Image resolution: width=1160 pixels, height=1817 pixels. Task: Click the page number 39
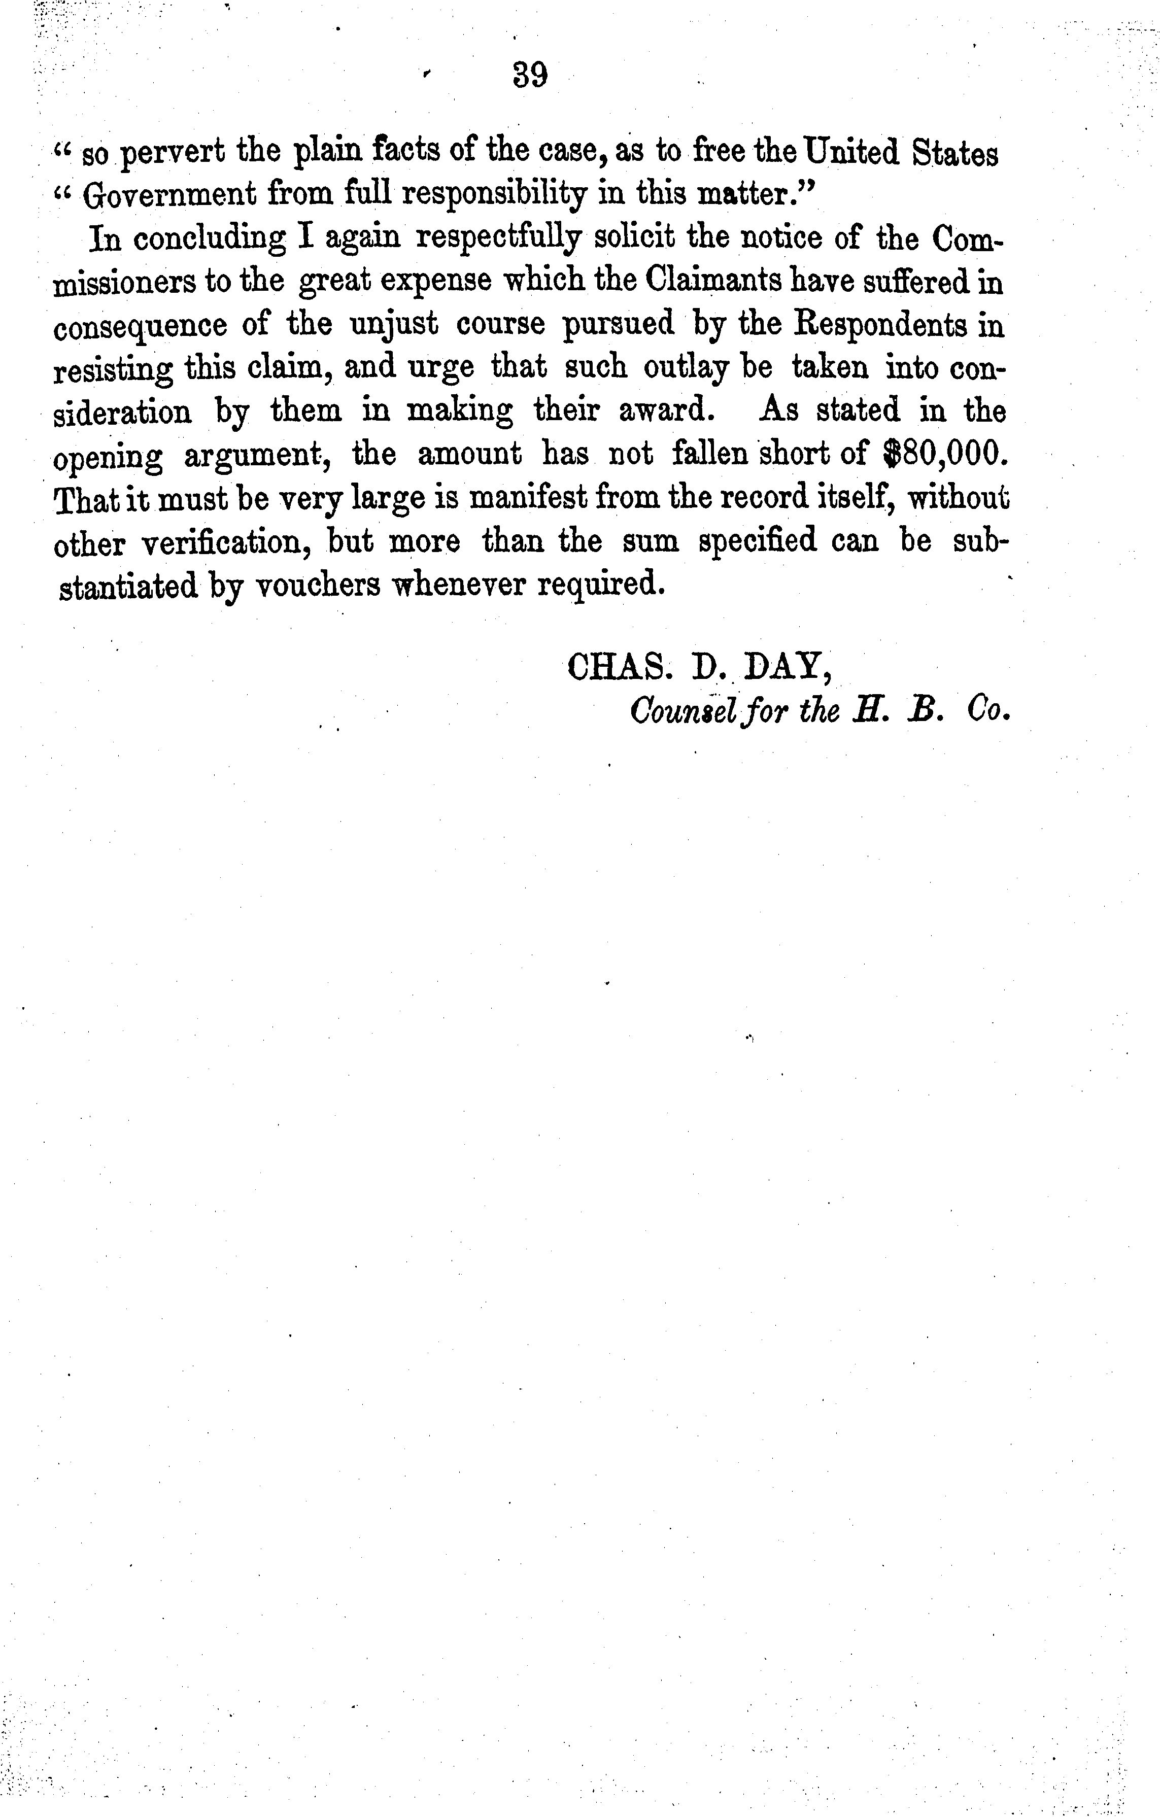(x=530, y=76)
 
